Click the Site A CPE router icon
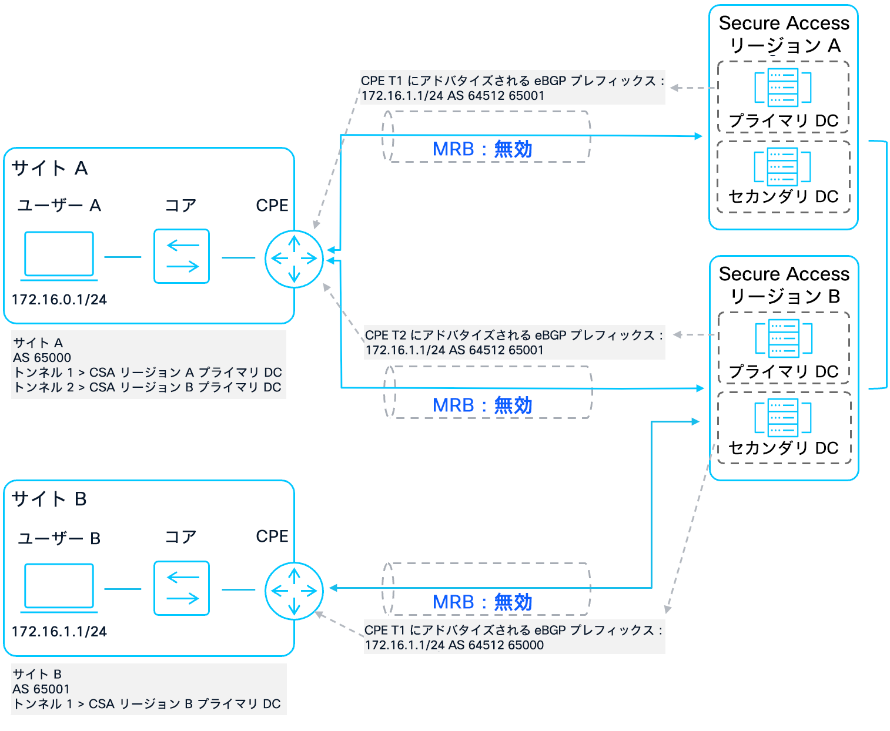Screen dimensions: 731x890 (x=294, y=259)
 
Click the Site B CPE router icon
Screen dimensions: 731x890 (x=294, y=591)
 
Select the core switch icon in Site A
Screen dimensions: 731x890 (x=182, y=256)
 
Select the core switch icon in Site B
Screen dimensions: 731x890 (x=182, y=588)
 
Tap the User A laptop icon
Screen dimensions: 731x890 (x=59, y=255)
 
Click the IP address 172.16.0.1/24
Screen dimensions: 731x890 (x=59, y=300)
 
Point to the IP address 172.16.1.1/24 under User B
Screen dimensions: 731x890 (x=59, y=632)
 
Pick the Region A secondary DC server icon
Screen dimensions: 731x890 (x=783, y=166)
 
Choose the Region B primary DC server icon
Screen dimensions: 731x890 (x=784, y=338)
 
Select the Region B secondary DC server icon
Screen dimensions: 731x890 (x=784, y=417)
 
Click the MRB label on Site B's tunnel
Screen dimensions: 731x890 (x=482, y=602)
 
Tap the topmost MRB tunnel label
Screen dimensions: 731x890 (x=482, y=149)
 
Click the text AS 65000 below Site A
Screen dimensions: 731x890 (x=42, y=358)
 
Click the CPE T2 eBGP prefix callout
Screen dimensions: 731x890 (x=514, y=343)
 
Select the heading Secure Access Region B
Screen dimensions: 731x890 (x=784, y=285)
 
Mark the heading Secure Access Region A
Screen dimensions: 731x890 (x=784, y=34)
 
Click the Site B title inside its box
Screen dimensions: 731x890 (x=49, y=499)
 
